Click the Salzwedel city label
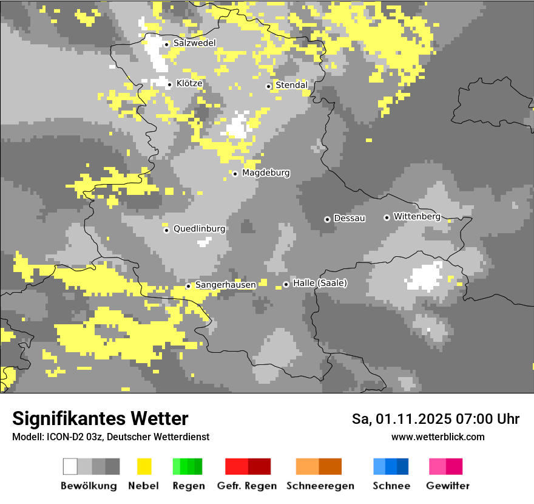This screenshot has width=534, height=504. pyautogui.click(x=194, y=43)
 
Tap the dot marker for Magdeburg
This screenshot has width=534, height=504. pyautogui.click(x=235, y=174)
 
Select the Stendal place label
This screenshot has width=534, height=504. pyautogui.click(x=292, y=86)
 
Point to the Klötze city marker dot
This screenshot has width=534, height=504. pyautogui.click(x=169, y=84)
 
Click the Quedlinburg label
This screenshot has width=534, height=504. pyautogui.click(x=199, y=229)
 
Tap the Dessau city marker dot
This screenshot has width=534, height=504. pyautogui.click(x=327, y=219)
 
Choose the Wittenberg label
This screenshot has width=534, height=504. pyautogui.click(x=416, y=216)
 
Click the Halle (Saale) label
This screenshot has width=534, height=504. pyautogui.click(x=320, y=283)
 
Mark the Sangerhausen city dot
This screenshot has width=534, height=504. pyautogui.click(x=188, y=286)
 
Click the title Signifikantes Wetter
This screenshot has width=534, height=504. pyautogui.click(x=100, y=418)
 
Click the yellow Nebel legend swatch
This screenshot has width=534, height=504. pyautogui.click(x=144, y=466)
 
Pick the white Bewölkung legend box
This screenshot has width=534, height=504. pyautogui.click(x=70, y=466)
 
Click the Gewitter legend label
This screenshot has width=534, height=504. pyautogui.click(x=447, y=486)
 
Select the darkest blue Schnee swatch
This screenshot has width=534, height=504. pyautogui.click(x=403, y=466)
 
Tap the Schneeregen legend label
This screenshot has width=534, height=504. pyautogui.click(x=319, y=486)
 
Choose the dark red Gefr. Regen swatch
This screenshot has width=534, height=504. pyautogui.click(x=259, y=466)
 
